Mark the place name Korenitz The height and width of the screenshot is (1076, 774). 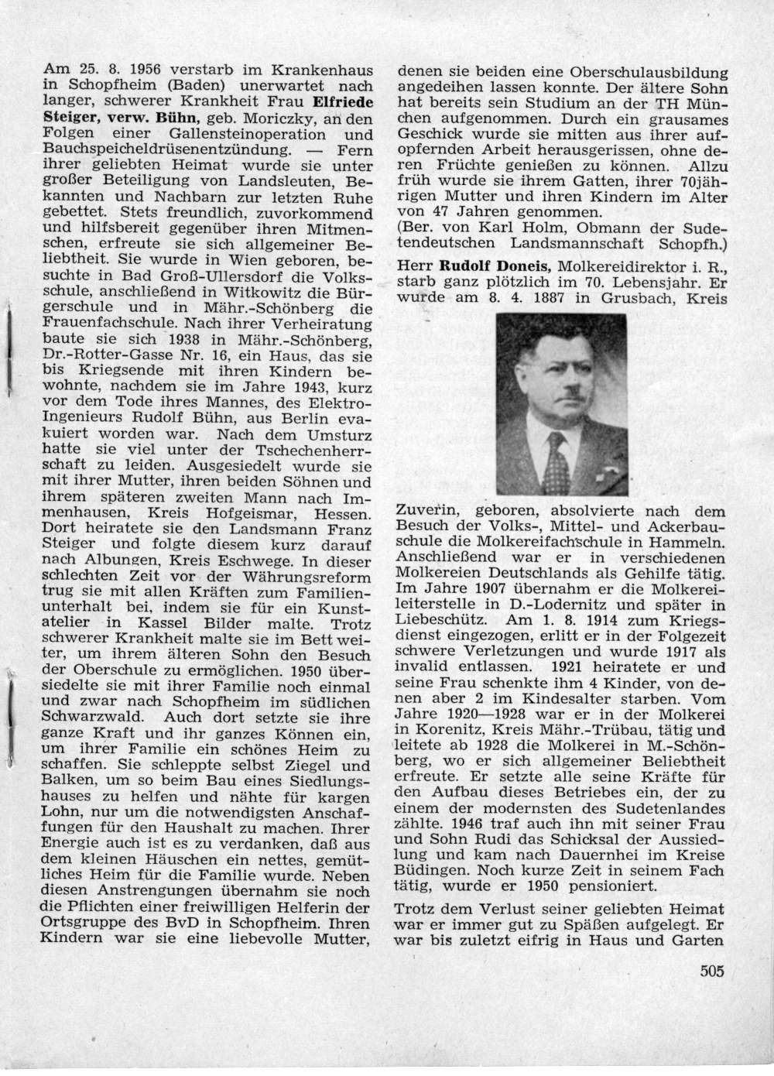coord(450,730)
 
